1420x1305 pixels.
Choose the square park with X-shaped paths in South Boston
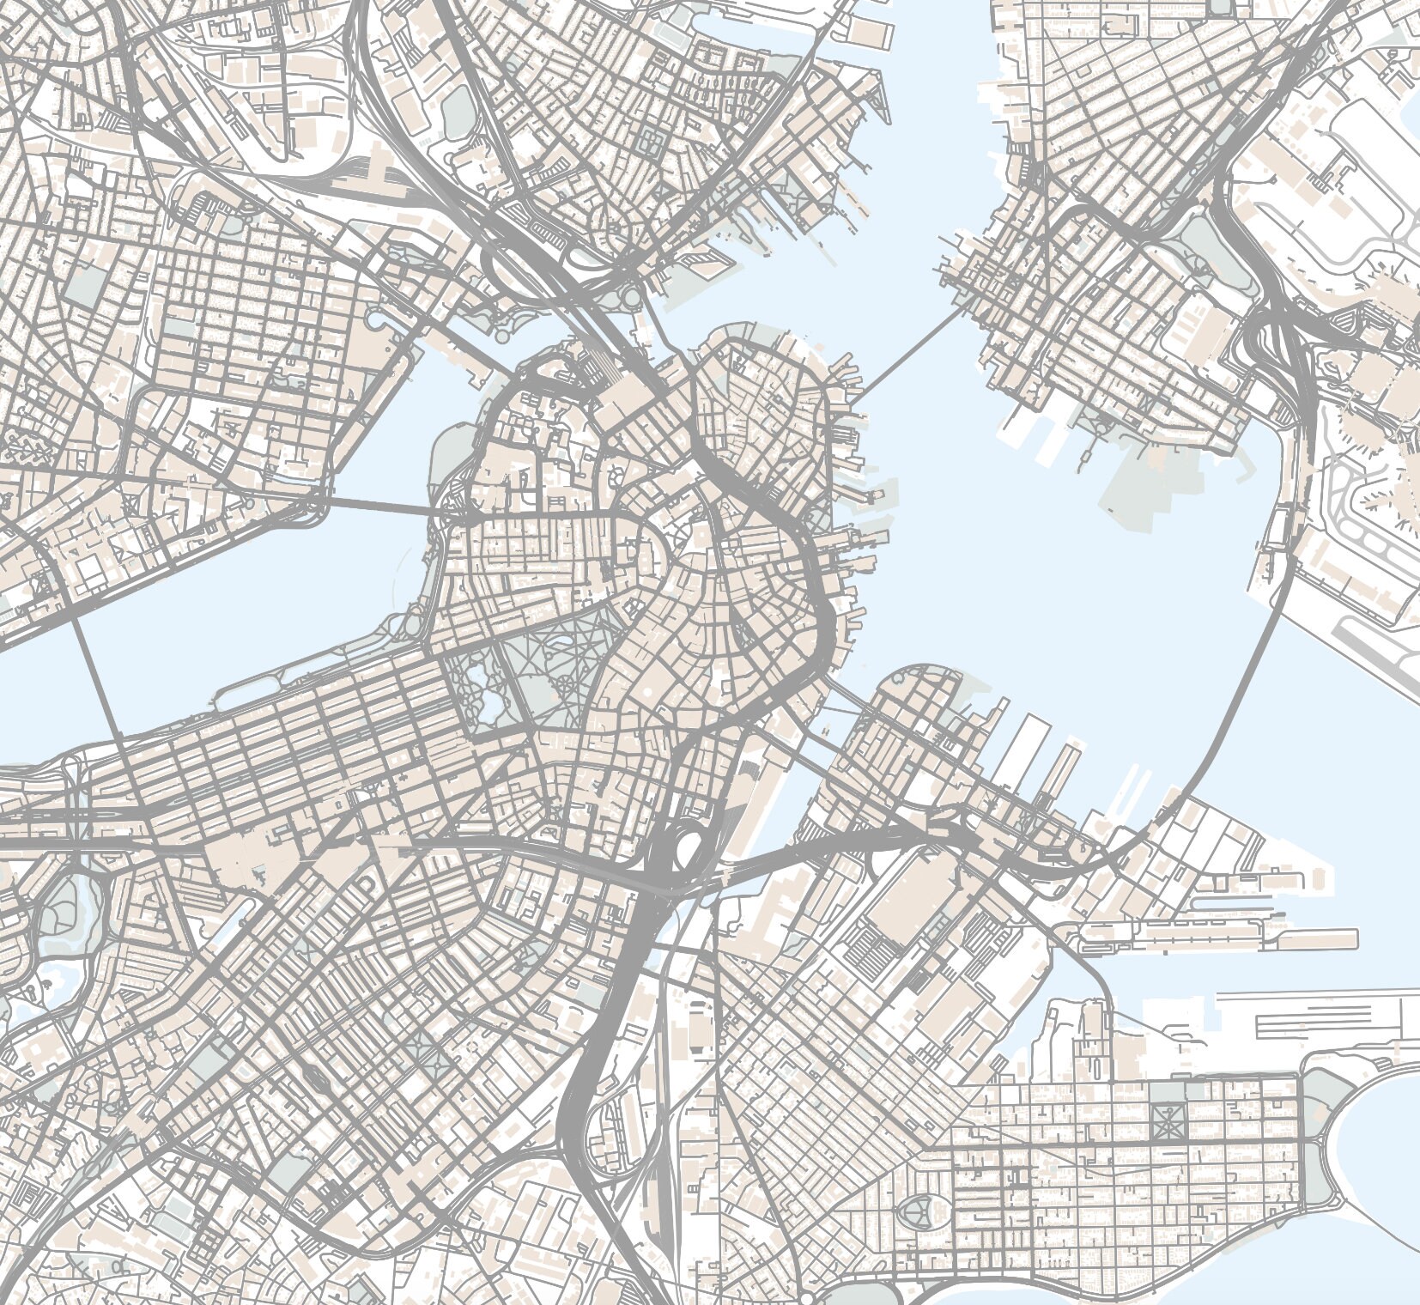pos(1169,1120)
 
